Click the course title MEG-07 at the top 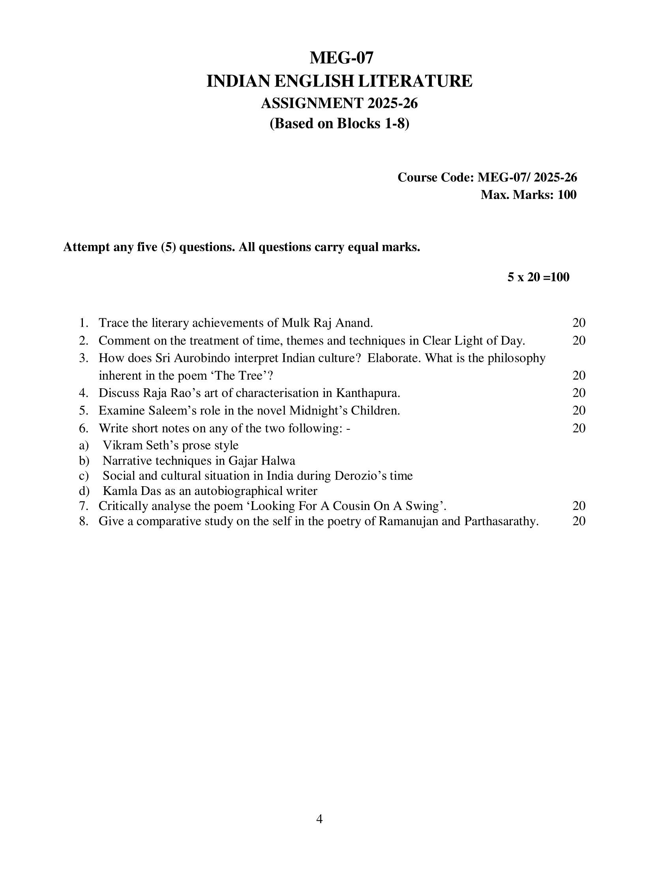pyautogui.click(x=341, y=58)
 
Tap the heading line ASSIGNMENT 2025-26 pyautogui.click(x=339, y=103)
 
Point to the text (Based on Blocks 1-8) pyautogui.click(x=339, y=124)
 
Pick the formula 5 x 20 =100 pyautogui.click(x=538, y=277)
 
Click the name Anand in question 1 pyautogui.click(x=354, y=323)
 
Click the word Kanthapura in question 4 pyautogui.click(x=368, y=393)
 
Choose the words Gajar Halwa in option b pyautogui.click(x=262, y=461)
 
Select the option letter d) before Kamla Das pyautogui.click(x=84, y=491)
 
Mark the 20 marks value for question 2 pyautogui.click(x=579, y=340)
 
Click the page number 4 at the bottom pyautogui.click(x=319, y=819)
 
